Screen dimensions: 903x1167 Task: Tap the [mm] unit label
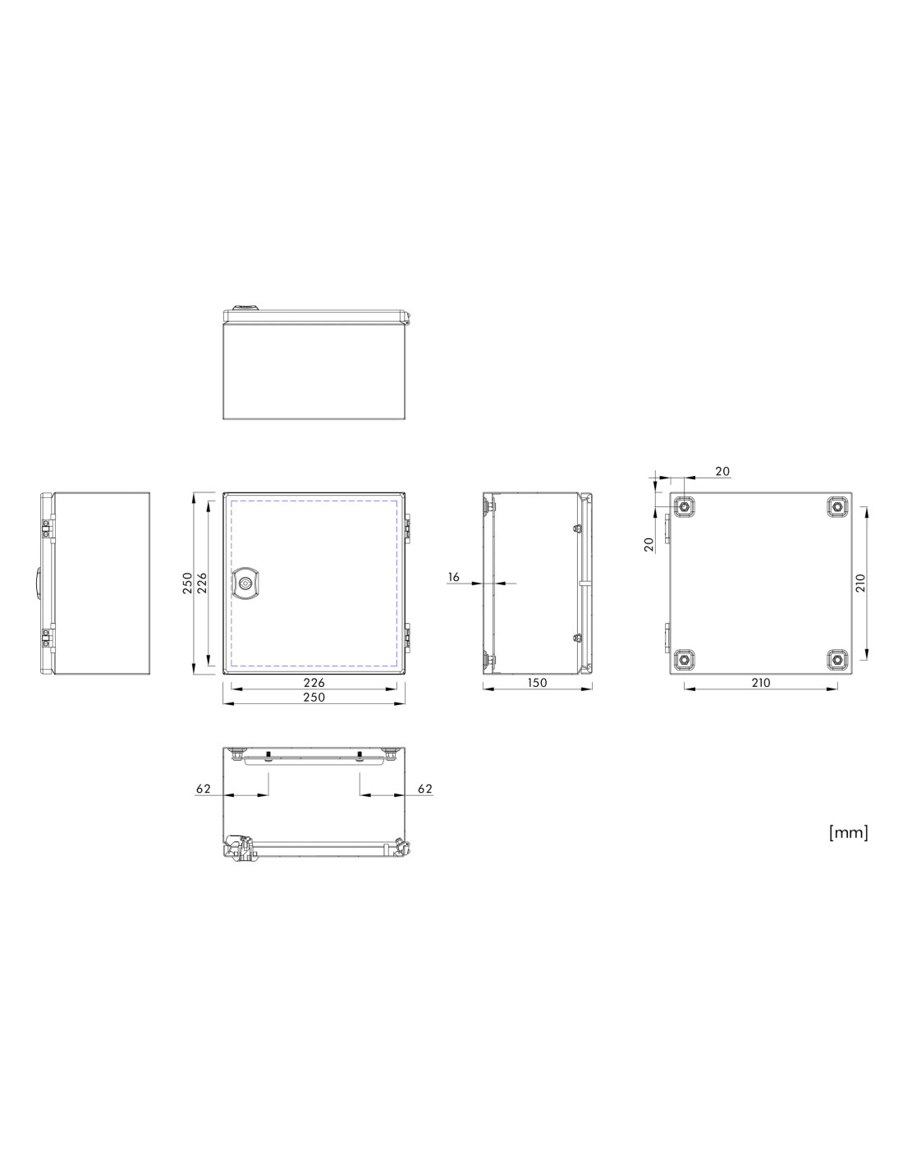848,832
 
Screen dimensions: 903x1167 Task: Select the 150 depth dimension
537,683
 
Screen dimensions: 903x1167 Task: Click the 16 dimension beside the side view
453,577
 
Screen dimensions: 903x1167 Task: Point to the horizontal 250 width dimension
314,697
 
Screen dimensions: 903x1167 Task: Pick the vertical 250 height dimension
187,583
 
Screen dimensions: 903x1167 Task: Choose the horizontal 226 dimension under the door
314,683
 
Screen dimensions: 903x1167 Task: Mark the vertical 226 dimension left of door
201,583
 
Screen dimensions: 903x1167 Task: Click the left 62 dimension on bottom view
203,789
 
